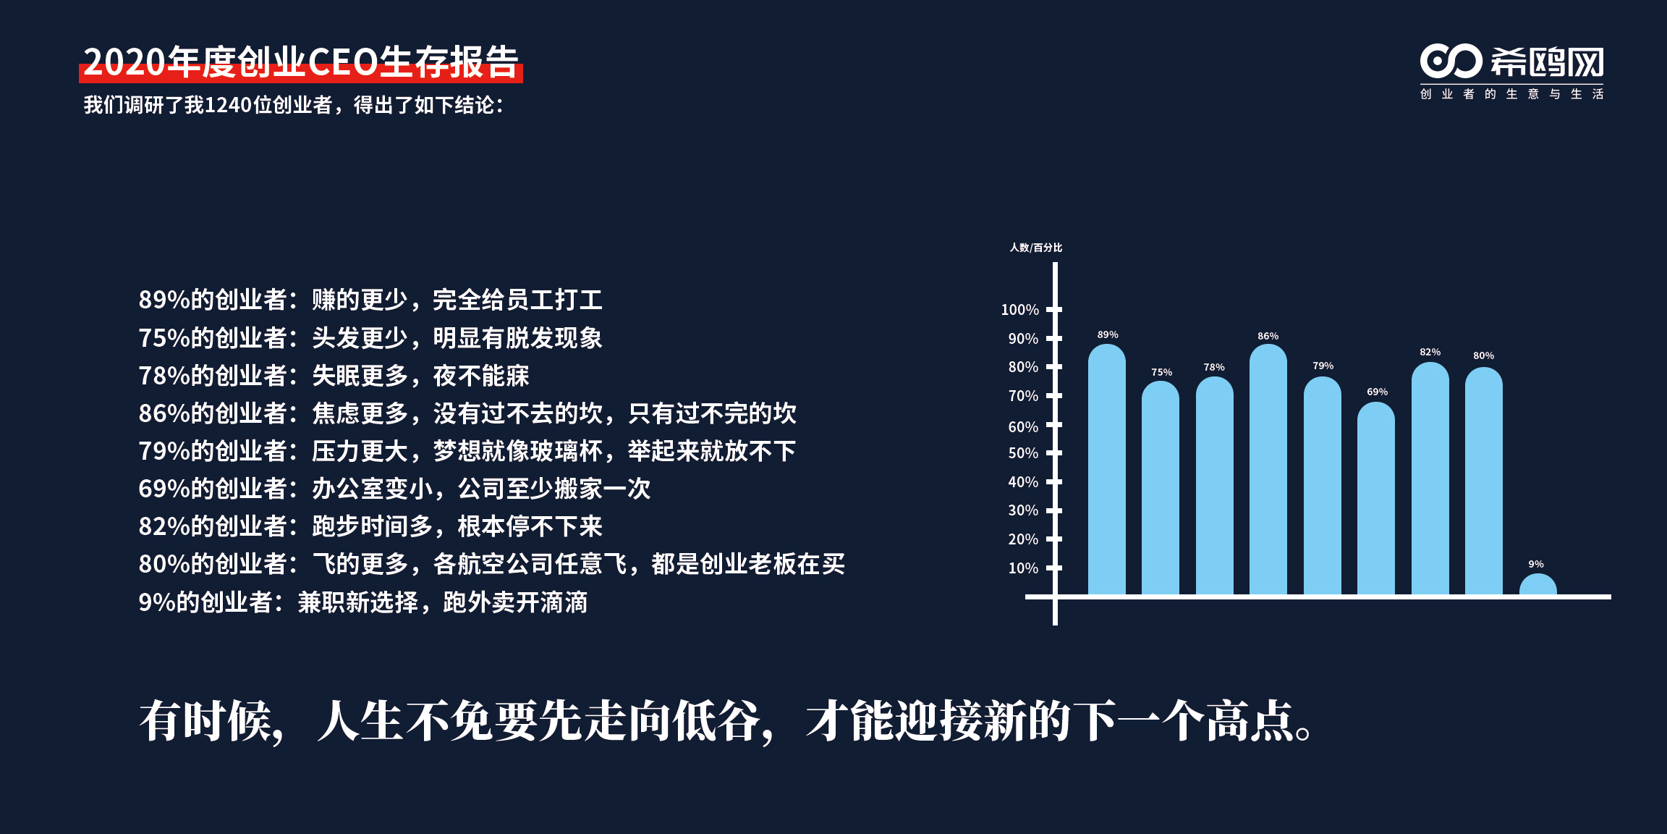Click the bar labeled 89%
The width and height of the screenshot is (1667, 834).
coord(1106,469)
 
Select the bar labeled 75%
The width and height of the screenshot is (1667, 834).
coord(1161,488)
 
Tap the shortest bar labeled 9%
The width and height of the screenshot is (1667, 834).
coord(1537,584)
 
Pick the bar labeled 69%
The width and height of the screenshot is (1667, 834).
coord(1376,498)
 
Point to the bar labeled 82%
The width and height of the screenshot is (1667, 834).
coord(1430,479)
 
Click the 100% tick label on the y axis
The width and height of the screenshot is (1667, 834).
coord(1019,310)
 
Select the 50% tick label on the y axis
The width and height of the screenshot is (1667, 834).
coord(1023,453)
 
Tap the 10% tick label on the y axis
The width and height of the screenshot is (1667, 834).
coord(1023,568)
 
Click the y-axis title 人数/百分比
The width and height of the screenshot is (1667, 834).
coord(1036,248)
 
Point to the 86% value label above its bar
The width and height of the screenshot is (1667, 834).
coord(1268,336)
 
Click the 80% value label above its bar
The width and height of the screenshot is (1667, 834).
coord(1483,355)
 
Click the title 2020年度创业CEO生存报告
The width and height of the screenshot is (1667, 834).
coord(301,62)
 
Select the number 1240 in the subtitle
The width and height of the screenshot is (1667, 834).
coord(228,105)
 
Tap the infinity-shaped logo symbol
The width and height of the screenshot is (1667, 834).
coord(1451,62)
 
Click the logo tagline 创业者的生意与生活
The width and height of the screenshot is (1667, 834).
coord(1511,94)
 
